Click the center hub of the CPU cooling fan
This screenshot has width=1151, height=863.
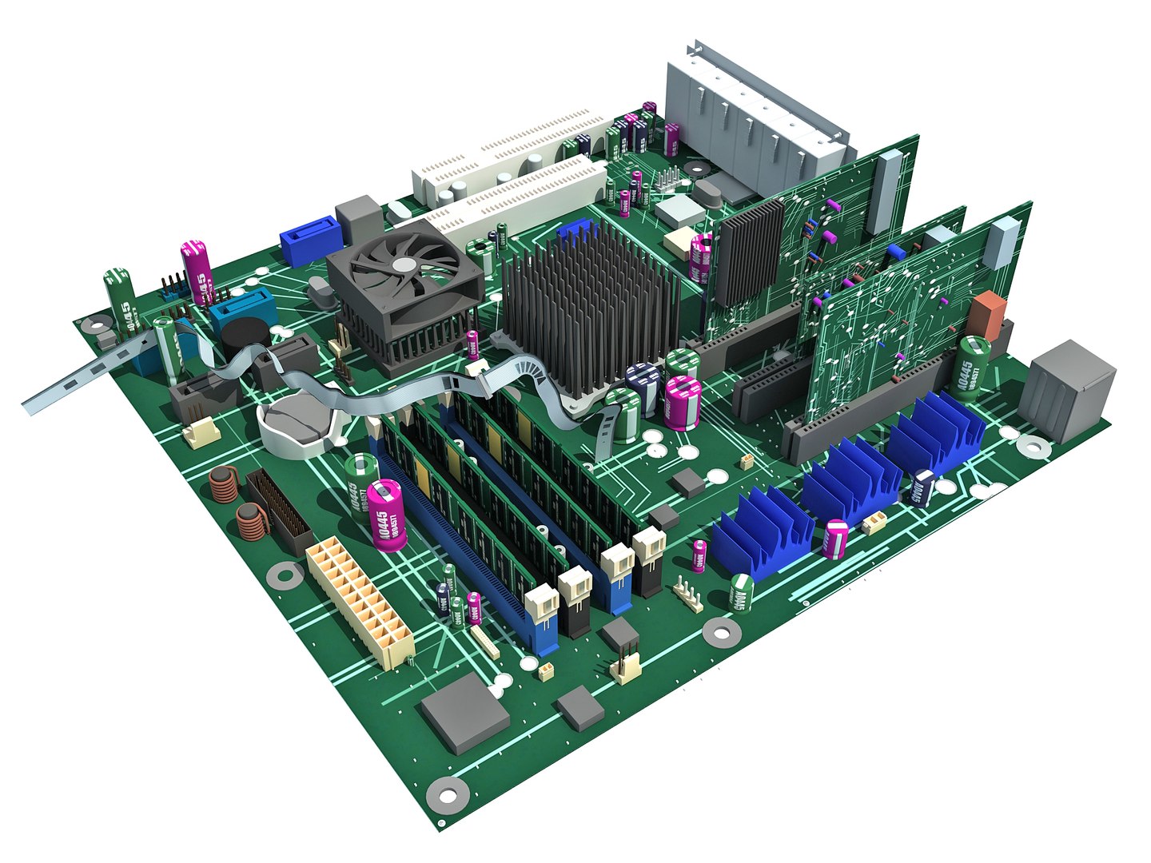pos(405,265)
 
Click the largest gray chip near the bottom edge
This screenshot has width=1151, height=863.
pos(464,711)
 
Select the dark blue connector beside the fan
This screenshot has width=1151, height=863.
pos(313,241)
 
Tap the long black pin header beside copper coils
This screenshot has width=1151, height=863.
pos(279,511)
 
